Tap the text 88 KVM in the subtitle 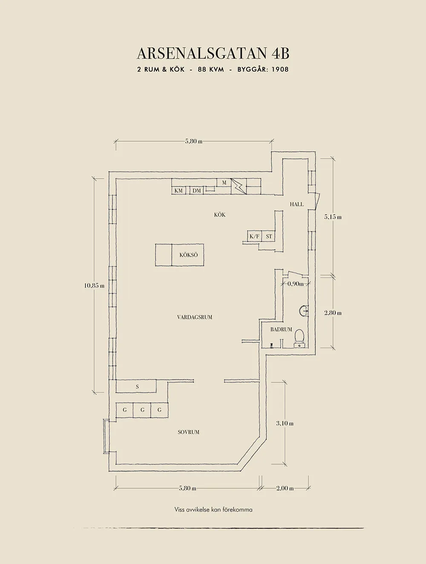(x=211, y=69)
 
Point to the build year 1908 (x=280, y=69)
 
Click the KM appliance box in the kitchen (x=179, y=191)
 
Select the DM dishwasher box (x=196, y=191)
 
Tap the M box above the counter (x=224, y=183)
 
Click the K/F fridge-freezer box (x=254, y=236)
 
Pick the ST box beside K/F (x=269, y=236)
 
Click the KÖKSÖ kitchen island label (x=188, y=255)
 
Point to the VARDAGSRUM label (x=194, y=317)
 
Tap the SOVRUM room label (x=188, y=432)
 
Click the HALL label (x=297, y=204)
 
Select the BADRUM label (x=281, y=330)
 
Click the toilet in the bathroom (x=299, y=336)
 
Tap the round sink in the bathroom (x=304, y=311)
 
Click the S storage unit (x=137, y=387)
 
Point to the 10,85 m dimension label (x=94, y=286)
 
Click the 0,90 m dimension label (x=295, y=284)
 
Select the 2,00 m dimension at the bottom (x=285, y=488)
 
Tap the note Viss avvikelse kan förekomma (x=213, y=510)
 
